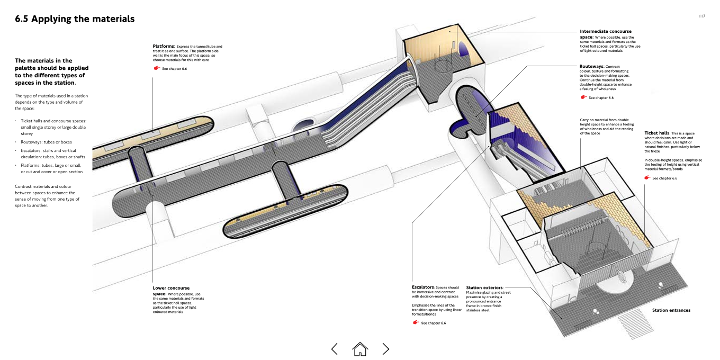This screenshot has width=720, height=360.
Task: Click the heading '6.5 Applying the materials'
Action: (75, 19)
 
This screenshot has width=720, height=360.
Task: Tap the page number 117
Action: (701, 16)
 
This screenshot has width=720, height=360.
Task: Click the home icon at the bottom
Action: (360, 348)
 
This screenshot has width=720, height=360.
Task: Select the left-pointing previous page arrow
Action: (334, 348)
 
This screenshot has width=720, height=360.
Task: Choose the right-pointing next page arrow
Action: (386, 348)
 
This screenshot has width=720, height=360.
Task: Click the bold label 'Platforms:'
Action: (164, 47)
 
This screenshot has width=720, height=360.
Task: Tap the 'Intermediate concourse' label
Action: (606, 31)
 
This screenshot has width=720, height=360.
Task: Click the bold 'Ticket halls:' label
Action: (657, 133)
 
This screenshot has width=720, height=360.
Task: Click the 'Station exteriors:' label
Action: (485, 287)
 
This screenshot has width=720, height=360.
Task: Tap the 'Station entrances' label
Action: (671, 310)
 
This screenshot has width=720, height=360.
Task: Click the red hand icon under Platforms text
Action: (156, 68)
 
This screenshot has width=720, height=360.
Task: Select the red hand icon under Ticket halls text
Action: (647, 178)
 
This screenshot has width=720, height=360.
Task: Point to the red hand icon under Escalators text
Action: (416, 322)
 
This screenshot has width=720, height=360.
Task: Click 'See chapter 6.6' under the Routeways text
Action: (601, 98)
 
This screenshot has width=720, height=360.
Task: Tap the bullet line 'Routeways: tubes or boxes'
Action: (46, 142)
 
